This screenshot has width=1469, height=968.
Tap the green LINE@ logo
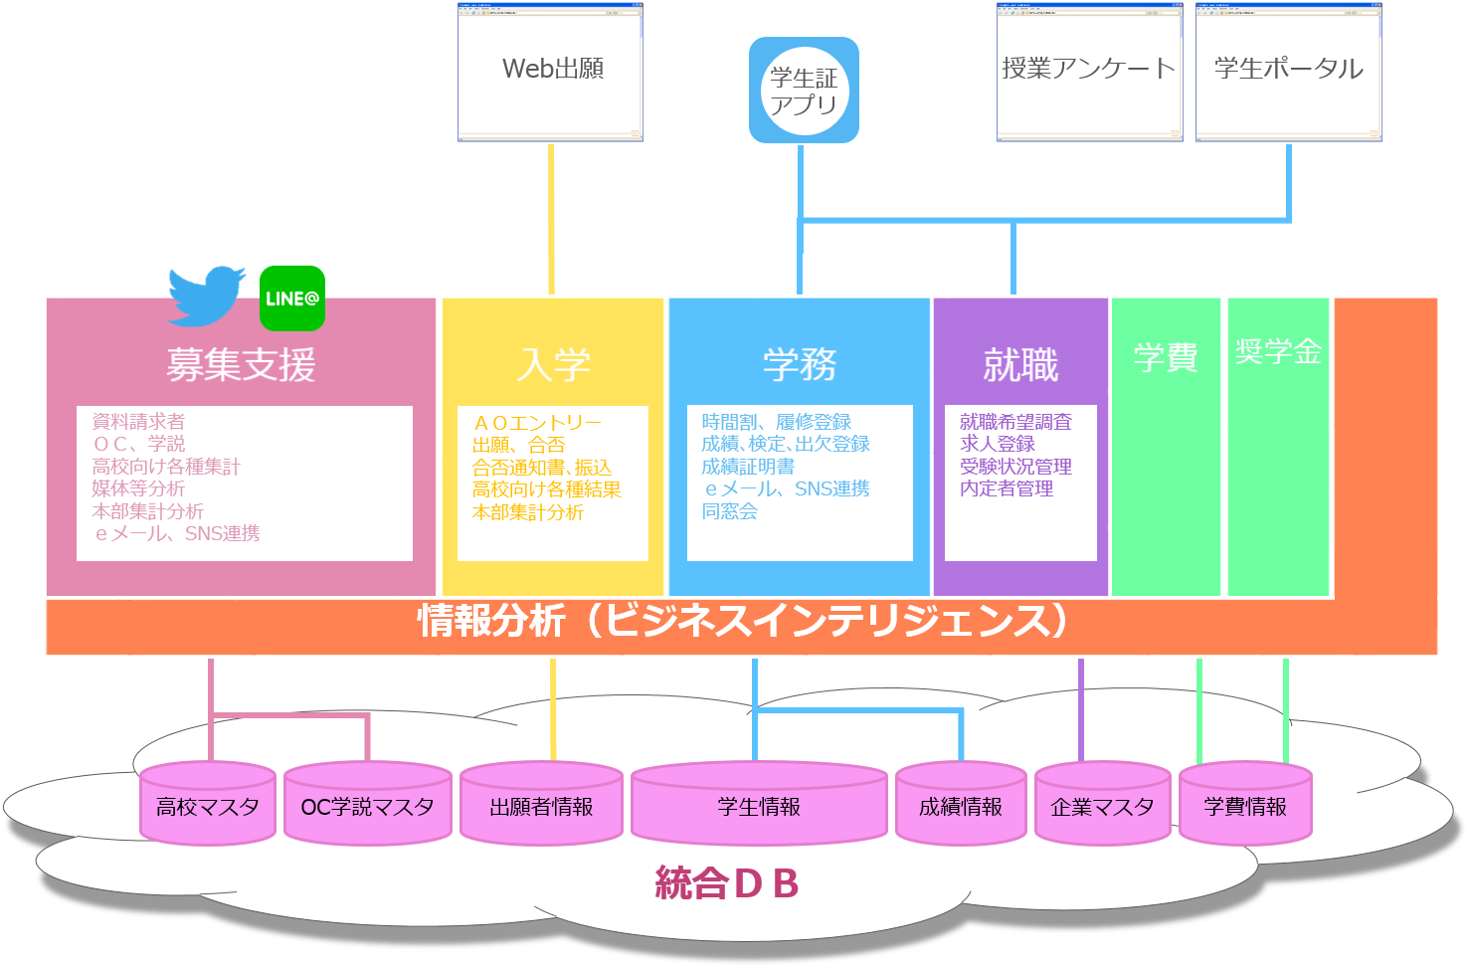click(x=292, y=298)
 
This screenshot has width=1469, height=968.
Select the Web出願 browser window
click(x=551, y=72)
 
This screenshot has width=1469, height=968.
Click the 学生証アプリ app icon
click(x=804, y=91)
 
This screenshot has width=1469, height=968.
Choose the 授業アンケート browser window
click(x=1089, y=72)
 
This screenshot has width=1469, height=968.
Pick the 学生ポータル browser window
click(x=1288, y=72)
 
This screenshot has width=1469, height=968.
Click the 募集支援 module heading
click(x=241, y=365)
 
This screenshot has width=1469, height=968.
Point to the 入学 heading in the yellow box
click(x=553, y=365)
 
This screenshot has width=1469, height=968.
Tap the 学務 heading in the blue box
click(x=800, y=365)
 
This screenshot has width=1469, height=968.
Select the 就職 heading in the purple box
click(x=1020, y=365)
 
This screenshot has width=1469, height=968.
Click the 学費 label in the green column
click(x=1166, y=357)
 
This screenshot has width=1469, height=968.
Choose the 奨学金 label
click(x=1278, y=351)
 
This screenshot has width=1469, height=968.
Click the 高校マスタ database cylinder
click(x=207, y=805)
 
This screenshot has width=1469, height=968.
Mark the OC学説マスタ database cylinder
click(x=367, y=805)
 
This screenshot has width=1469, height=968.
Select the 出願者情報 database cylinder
click(x=541, y=805)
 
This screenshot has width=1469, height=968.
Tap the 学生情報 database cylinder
click(x=759, y=805)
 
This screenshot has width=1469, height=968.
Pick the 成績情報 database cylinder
click(x=961, y=805)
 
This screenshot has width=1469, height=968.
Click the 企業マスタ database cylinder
click(x=1102, y=805)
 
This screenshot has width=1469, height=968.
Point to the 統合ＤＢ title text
click(x=727, y=883)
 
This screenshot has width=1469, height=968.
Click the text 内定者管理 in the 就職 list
click(x=1007, y=488)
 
